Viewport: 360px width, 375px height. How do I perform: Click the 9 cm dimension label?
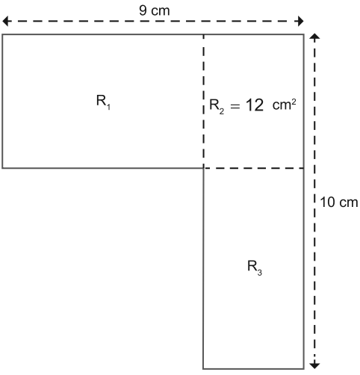[x=155, y=10]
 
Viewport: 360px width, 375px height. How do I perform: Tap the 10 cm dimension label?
[x=339, y=202]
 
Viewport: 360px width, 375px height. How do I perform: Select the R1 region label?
[x=103, y=102]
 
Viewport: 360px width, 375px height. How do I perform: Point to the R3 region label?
[x=255, y=268]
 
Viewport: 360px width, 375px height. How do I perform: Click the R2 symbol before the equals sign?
[x=217, y=106]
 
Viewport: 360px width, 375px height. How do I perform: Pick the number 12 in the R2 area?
[x=255, y=105]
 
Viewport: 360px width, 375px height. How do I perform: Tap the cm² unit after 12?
[x=284, y=105]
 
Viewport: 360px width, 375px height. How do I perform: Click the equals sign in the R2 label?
[x=235, y=107]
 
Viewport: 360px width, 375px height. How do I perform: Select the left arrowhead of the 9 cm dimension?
[x=5, y=21]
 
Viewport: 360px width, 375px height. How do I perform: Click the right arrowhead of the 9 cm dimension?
[x=301, y=21]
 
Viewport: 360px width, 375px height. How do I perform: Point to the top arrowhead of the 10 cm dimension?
[x=314, y=37]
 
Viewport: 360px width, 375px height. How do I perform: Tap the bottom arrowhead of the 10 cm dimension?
[x=314, y=365]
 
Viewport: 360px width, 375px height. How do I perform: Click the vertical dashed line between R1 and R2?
[x=204, y=101]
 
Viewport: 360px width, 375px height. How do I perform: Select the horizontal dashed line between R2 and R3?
[x=254, y=168]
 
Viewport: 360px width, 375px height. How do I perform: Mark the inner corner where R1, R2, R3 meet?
[x=204, y=168]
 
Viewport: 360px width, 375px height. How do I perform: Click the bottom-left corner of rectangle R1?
[x=2, y=168]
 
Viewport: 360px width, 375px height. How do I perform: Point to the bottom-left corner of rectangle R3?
[x=203, y=368]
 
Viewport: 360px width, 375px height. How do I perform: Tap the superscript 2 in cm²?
[x=294, y=102]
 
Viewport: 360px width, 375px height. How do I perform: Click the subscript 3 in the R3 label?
[x=259, y=273]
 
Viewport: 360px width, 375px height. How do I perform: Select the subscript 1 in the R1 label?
[x=108, y=107]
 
